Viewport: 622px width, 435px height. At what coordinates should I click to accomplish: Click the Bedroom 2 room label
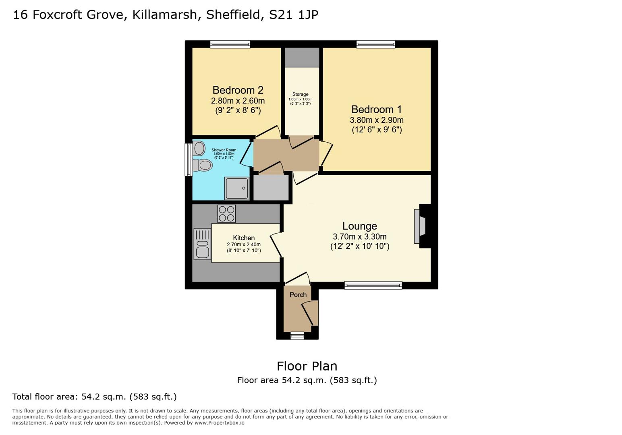tap(238, 90)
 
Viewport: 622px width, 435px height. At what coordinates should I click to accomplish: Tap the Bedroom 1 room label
tap(376, 109)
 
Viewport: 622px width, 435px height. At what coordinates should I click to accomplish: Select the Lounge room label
tap(359, 226)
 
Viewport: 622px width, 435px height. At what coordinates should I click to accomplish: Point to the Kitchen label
tap(244, 238)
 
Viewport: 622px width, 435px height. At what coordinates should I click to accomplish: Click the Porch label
tap(298, 294)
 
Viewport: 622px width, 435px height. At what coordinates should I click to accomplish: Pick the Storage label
tap(300, 94)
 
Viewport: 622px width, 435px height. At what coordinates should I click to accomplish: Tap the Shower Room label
tap(224, 150)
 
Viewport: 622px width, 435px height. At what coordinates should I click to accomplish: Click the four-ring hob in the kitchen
tap(226, 213)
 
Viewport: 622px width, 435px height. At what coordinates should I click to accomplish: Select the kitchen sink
tap(202, 244)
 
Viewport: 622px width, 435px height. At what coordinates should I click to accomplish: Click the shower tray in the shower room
tap(237, 188)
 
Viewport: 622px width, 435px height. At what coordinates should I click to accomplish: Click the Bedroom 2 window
tap(230, 44)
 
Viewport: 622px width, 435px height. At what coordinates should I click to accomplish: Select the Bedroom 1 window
tap(375, 44)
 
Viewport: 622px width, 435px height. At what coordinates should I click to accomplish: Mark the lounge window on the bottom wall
tap(373, 286)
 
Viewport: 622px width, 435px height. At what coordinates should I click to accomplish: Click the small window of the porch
tap(297, 336)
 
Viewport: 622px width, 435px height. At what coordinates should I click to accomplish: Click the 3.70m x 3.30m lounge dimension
tap(359, 236)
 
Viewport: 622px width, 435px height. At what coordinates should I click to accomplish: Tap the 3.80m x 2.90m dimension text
tap(376, 120)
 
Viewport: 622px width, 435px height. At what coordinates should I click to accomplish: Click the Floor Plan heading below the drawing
tap(307, 366)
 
